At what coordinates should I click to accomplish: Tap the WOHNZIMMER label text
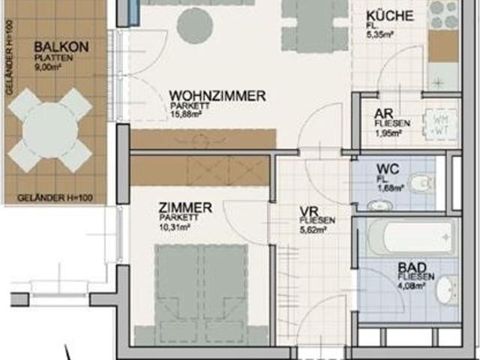pos(217,96)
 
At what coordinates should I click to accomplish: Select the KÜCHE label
pos(386,16)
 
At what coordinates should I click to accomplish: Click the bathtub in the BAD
pos(411,238)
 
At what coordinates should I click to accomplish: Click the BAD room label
pos(412,267)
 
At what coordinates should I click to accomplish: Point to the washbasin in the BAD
pos(447,289)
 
